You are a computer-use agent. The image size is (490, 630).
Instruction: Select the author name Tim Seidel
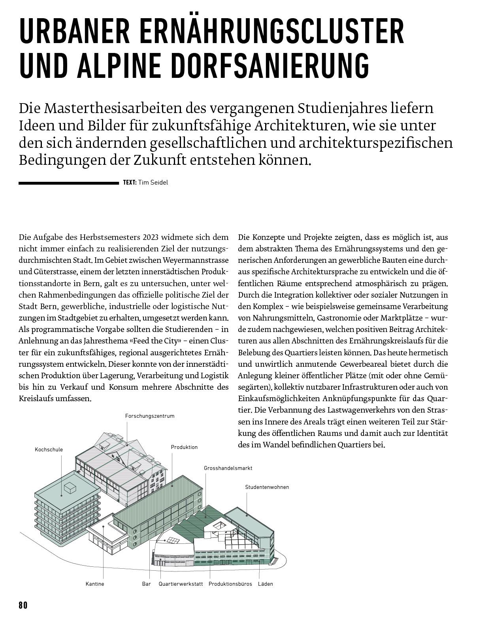tap(153, 183)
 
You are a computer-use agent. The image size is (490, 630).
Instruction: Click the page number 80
tap(23, 605)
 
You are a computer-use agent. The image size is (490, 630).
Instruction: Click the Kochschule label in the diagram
tap(49, 449)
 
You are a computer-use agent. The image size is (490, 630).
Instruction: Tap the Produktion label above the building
tap(184, 447)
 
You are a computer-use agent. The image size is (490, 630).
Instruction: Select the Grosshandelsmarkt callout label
tap(228, 468)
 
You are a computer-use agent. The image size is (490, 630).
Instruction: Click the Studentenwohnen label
tap(267, 487)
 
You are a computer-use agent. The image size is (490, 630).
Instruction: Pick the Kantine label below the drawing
tap(95, 584)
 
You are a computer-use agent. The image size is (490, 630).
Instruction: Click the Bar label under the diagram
tap(146, 584)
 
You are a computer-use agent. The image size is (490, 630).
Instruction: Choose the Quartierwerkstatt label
tap(181, 584)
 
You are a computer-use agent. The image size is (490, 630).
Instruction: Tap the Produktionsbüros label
tap(230, 584)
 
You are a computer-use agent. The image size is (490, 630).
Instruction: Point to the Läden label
tap(265, 584)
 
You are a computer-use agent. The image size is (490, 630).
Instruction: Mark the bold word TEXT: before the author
tap(130, 183)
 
